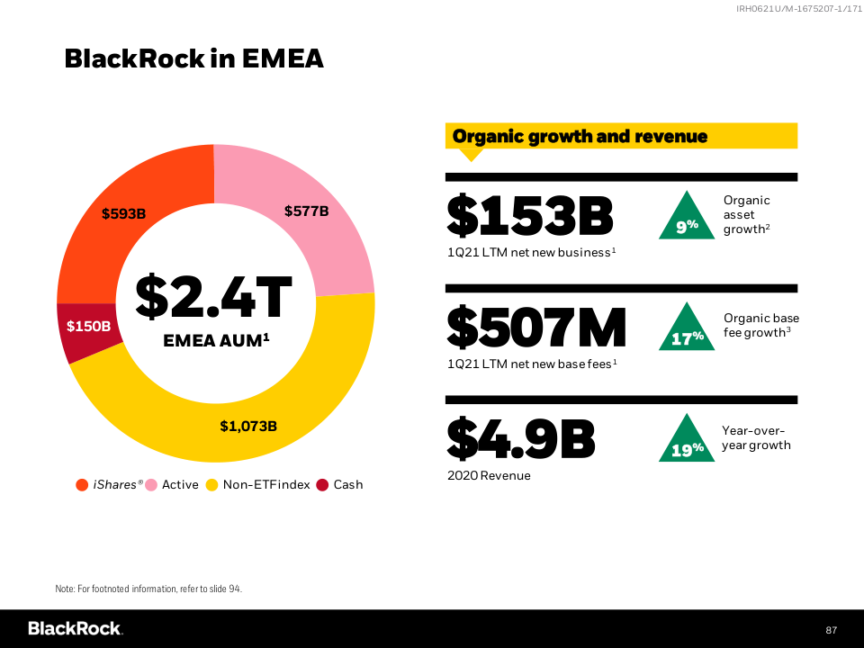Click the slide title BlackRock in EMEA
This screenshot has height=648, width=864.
point(193,59)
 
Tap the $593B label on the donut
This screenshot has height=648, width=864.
point(123,214)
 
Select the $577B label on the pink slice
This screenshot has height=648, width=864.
point(306,211)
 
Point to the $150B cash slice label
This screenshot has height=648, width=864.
point(88,326)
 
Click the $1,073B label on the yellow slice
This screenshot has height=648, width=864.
point(248,426)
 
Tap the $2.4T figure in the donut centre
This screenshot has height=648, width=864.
point(214,298)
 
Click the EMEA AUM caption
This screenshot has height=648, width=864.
point(216,341)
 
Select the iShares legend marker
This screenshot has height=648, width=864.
point(82,485)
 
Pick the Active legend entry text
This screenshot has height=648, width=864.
point(180,485)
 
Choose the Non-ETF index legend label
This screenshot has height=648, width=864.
point(266,485)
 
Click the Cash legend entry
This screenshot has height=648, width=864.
point(348,485)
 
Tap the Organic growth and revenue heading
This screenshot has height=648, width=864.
point(580,137)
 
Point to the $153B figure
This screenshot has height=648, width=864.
point(530,216)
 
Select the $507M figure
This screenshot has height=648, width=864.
point(536,328)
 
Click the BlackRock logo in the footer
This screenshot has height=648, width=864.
point(75,628)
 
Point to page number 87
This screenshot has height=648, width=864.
point(831,629)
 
